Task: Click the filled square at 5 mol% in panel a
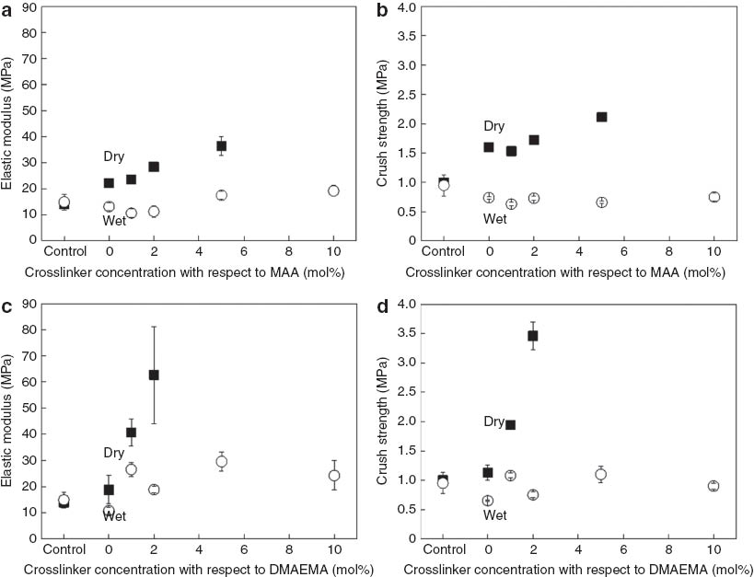[x=221, y=146]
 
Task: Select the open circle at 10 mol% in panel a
[x=333, y=190]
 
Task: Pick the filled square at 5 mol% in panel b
[x=601, y=117]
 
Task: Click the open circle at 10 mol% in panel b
[x=713, y=197]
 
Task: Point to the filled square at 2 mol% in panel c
[x=154, y=375]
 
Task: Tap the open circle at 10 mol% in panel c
[x=333, y=476]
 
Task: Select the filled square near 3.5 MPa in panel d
[x=532, y=336]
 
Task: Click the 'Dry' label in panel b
[x=493, y=126]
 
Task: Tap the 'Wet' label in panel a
[x=114, y=221]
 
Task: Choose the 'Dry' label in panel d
[x=493, y=421]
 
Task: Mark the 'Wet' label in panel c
[x=114, y=516]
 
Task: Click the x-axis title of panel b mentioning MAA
[x=574, y=273]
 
